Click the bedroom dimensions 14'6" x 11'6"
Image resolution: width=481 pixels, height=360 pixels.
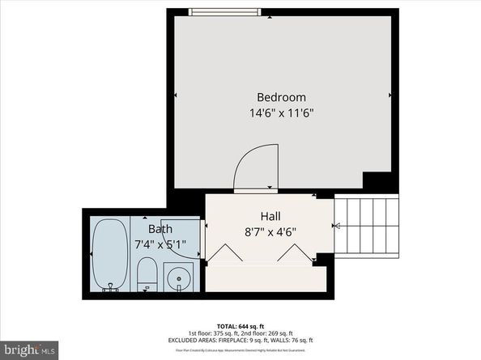[282, 113]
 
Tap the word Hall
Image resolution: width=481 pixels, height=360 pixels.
[270, 216]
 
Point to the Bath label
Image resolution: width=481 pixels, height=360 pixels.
[160, 229]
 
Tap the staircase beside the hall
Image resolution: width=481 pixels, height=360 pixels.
[368, 227]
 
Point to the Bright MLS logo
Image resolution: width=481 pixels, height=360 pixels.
[29, 349]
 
